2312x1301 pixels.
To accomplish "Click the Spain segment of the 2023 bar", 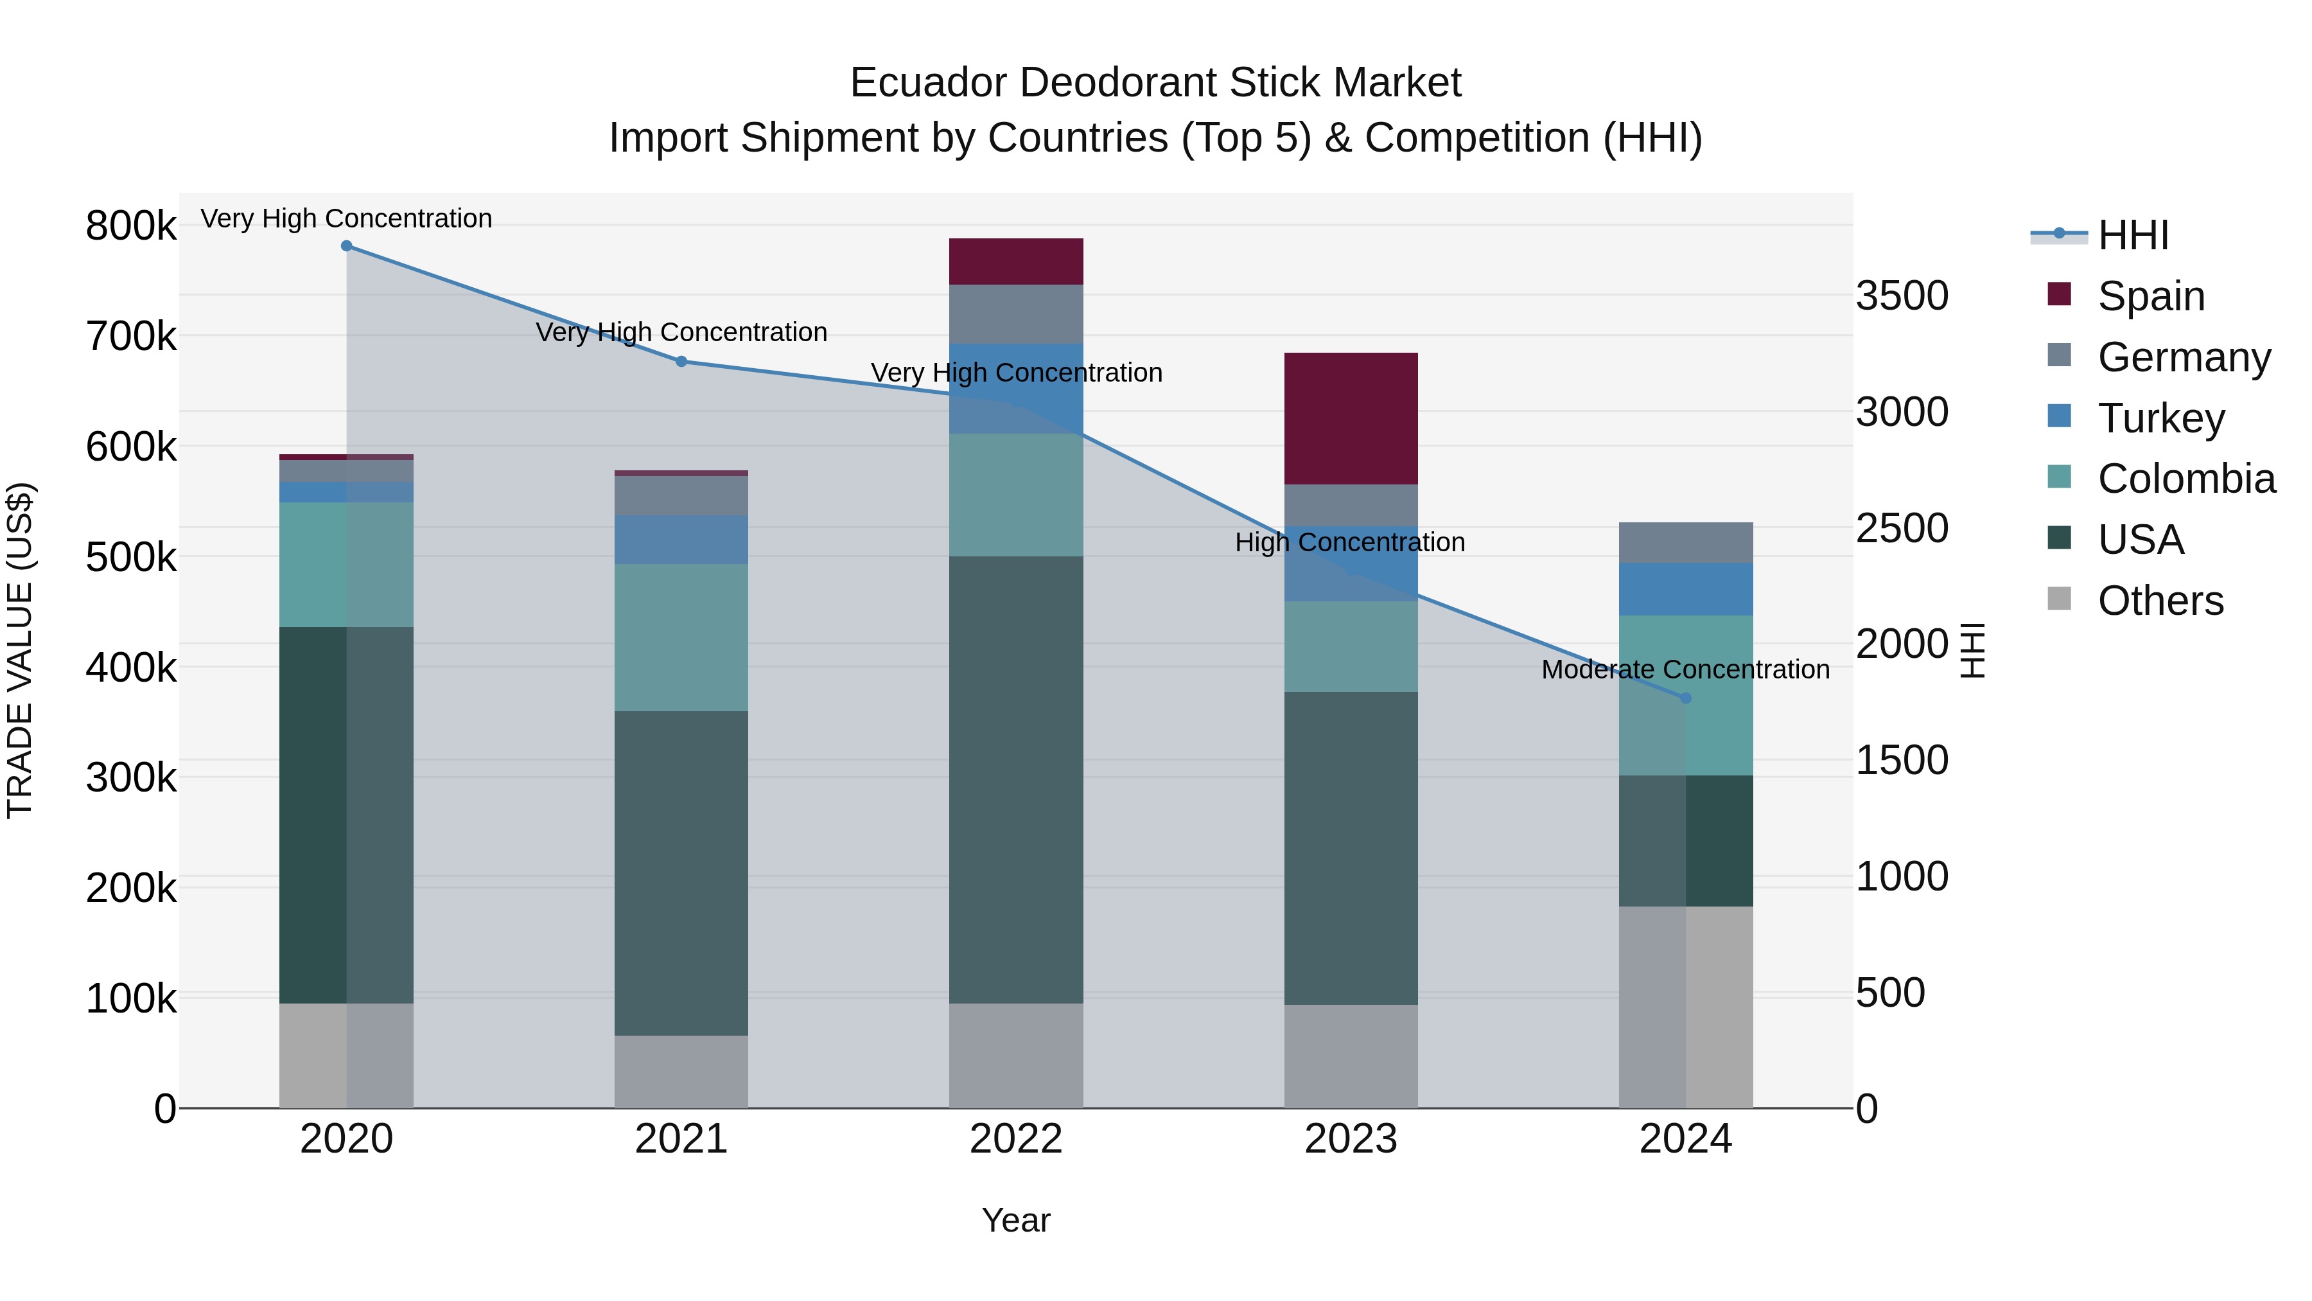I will pos(1351,418).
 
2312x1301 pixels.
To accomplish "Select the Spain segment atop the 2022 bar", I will pos(1016,261).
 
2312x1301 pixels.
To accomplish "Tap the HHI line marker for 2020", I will pos(346,246).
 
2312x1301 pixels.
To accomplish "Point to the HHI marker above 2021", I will pos(681,362).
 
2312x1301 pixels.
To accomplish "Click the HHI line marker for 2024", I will pos(1686,698).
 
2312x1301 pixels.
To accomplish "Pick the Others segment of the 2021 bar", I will pos(681,1071).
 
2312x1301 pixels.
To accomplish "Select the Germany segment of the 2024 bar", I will pos(1686,542).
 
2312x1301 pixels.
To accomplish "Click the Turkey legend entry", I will pos(2160,418).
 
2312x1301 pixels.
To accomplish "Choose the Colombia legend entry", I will pos(2185,479).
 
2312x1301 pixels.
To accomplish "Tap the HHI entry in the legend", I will pos(2132,235).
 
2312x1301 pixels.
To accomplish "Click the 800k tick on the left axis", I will pos(131,226).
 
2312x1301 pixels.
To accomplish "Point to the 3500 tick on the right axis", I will pos(1902,296).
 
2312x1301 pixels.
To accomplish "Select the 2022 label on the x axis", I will pos(1016,1139).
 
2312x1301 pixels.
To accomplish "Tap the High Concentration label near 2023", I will pos(1350,542).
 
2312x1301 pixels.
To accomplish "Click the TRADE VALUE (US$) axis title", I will pos(21,650).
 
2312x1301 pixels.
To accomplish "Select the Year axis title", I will pos(1016,1220).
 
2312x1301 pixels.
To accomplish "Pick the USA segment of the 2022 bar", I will pos(1016,779).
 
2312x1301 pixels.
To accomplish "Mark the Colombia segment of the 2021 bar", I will pos(681,637).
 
